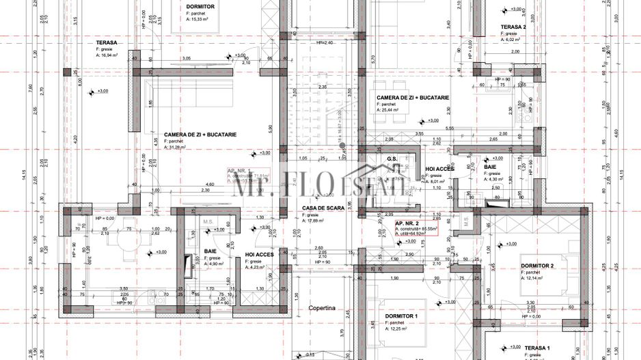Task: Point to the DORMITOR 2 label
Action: pyautogui.click(x=537, y=266)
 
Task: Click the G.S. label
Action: pyautogui.click(x=392, y=159)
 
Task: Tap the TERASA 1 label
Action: pyautogui.click(x=538, y=348)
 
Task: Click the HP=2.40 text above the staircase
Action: pyautogui.click(x=324, y=42)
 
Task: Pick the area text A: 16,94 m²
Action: pyautogui.click(x=111, y=55)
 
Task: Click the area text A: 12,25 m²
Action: pyautogui.click(x=400, y=329)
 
